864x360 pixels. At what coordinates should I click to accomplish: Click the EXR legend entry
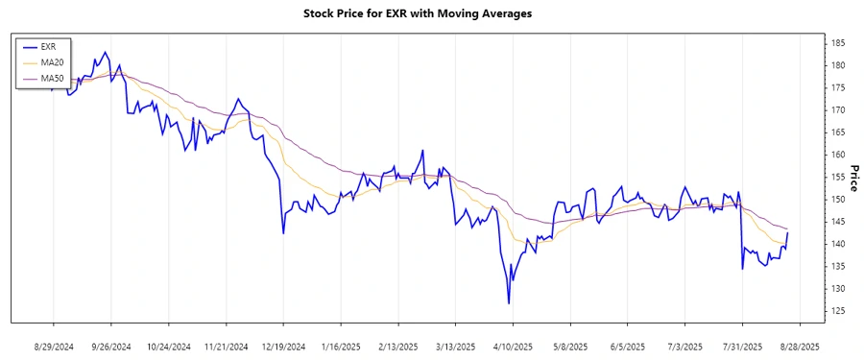pyautogui.click(x=49, y=46)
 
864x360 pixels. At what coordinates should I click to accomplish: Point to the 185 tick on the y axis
pyautogui.click(x=838, y=43)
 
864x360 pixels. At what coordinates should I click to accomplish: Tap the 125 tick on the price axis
pyautogui.click(x=838, y=311)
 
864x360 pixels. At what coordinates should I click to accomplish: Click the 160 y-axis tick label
pyautogui.click(x=838, y=155)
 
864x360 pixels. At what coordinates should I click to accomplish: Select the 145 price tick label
pyautogui.click(x=838, y=222)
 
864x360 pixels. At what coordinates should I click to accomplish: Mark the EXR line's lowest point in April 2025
pyautogui.click(x=509, y=303)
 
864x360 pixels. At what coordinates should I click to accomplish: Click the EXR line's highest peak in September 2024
pyautogui.click(x=105, y=53)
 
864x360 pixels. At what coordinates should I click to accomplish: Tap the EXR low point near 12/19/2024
pyautogui.click(x=283, y=233)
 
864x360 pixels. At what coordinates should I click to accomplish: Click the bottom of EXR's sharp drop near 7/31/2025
pyautogui.click(x=742, y=269)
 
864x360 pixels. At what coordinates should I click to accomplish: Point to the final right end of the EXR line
pyautogui.click(x=788, y=232)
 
